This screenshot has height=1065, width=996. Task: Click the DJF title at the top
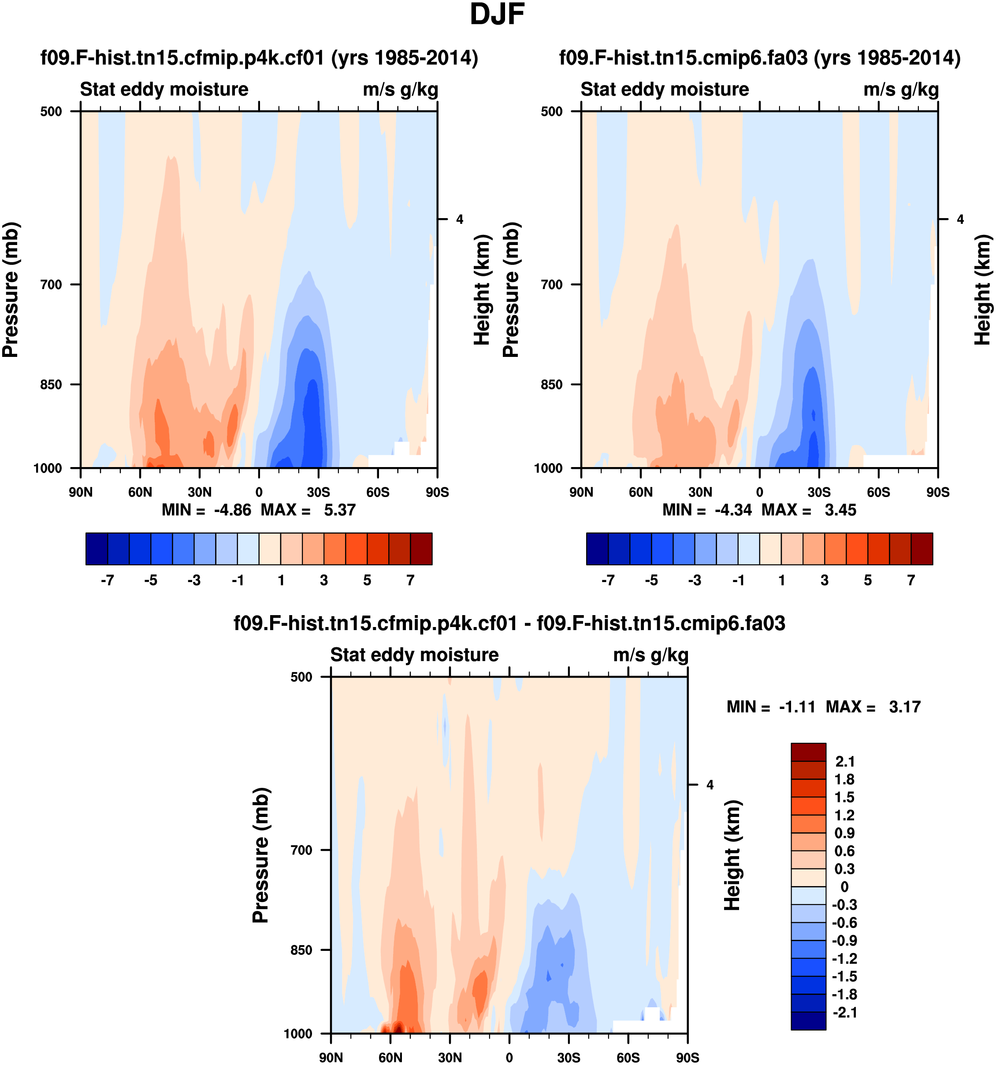497,15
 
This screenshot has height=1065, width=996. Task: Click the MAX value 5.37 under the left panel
340,510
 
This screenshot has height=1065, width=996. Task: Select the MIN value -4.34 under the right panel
733,510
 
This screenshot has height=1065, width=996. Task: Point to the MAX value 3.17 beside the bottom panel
904,707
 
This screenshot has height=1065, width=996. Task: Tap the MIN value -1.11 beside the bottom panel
797,707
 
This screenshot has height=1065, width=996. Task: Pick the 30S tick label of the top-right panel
819,492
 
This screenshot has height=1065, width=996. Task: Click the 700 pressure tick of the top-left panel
52,285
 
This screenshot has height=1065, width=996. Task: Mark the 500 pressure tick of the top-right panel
552,111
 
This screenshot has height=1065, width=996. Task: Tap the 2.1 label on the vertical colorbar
845,761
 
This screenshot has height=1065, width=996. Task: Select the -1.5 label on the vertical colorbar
844,976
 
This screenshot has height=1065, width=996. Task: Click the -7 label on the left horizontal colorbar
107,581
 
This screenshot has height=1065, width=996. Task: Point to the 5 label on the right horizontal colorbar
868,581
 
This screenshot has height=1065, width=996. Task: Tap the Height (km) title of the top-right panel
982,289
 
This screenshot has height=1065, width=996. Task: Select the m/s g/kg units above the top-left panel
400,89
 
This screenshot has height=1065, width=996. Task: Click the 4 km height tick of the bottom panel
710,785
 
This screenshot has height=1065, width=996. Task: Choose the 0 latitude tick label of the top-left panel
259,492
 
